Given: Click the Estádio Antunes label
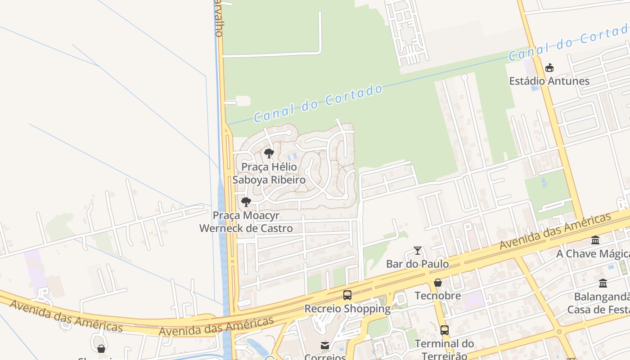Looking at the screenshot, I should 549,81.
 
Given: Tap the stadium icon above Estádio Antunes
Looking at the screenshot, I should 549,68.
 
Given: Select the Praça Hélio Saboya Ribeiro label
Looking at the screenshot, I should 269,173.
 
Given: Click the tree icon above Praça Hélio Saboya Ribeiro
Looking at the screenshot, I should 269,153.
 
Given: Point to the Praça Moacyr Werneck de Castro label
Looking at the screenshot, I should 246,222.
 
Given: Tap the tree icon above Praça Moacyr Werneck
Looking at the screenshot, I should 246,202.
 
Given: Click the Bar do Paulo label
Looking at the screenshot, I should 417,264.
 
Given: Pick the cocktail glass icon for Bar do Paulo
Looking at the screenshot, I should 418,251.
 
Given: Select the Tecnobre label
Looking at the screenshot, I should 437,296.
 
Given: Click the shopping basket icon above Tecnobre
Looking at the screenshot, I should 437,283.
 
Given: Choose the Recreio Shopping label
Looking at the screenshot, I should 347,309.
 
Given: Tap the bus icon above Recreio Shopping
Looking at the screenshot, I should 347,295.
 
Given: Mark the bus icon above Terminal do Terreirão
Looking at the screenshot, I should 445,330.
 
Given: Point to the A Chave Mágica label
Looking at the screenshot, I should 593,253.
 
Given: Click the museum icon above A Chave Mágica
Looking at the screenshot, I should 595,240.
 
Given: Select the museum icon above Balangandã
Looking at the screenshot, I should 603,283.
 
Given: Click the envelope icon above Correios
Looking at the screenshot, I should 324,346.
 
